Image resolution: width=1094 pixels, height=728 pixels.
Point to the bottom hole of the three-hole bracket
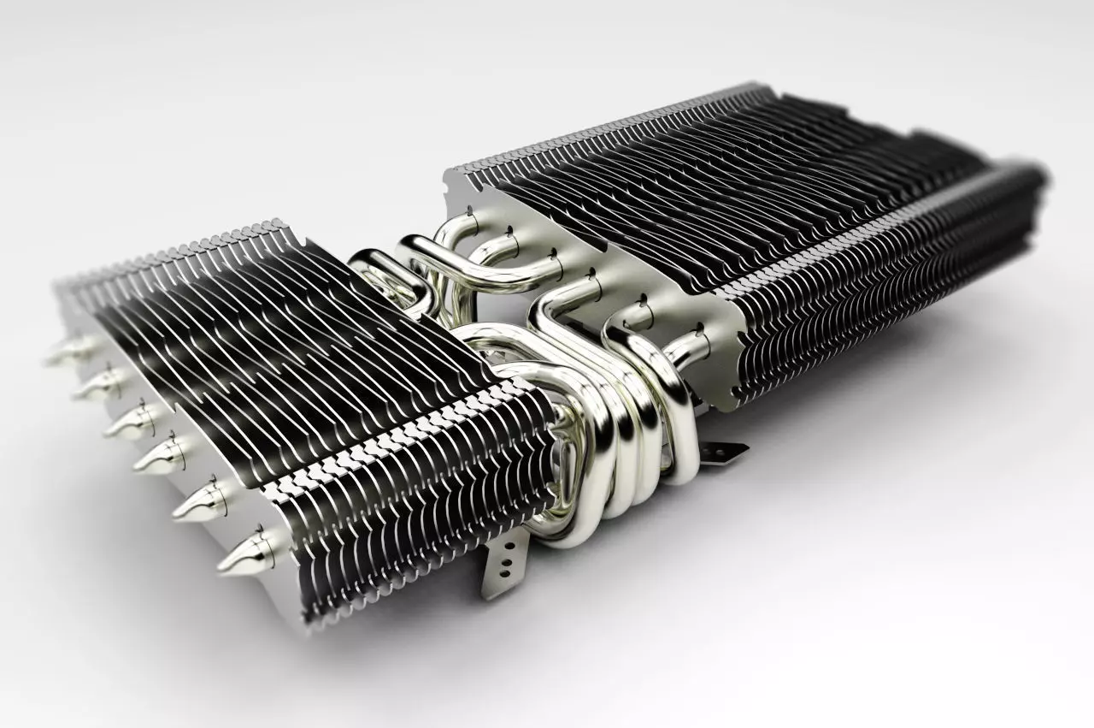(509, 577)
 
